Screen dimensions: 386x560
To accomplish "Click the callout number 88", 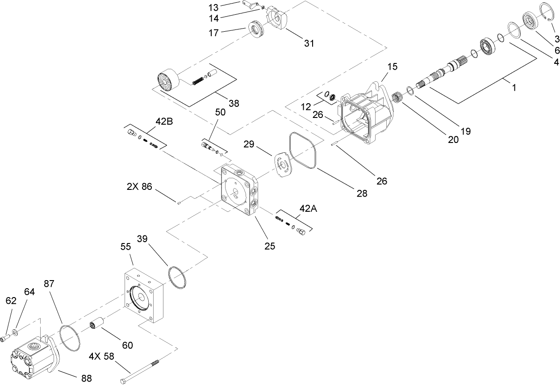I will pos(86,378).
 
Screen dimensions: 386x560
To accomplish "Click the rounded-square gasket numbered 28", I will pos(303,150).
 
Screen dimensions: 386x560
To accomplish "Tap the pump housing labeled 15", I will pos(366,112).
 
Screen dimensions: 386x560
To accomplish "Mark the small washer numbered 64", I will pos(16,331).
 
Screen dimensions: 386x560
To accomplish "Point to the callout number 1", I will pos(514,88).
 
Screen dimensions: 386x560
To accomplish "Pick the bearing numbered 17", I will pos(258,30).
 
